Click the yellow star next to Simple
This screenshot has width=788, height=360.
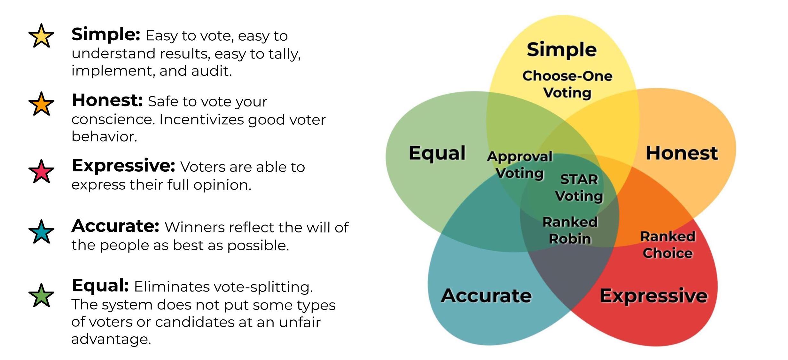pos(41,36)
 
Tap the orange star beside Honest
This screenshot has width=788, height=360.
pos(41,104)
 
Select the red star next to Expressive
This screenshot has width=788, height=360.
pos(41,172)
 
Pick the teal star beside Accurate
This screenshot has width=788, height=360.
pos(41,232)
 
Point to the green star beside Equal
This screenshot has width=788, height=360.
pos(41,295)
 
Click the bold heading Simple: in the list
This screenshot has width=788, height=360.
pos(106,35)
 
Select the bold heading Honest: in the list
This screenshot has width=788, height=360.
pos(107,100)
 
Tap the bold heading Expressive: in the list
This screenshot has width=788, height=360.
pos(123,166)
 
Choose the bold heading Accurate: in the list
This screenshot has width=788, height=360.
pos(115,226)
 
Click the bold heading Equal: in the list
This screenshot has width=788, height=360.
pos(100,285)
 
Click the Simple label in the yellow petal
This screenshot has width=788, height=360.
pos(561,50)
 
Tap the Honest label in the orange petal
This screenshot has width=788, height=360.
pos(682,153)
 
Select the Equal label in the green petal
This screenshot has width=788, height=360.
pos(437,153)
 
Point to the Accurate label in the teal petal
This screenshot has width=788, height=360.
pos(486,296)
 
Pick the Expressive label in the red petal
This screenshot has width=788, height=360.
pos(653,296)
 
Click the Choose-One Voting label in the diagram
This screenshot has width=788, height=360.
pos(567,84)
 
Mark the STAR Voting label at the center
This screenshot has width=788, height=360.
pos(579,188)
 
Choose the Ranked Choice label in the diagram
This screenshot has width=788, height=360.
pos(668,245)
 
